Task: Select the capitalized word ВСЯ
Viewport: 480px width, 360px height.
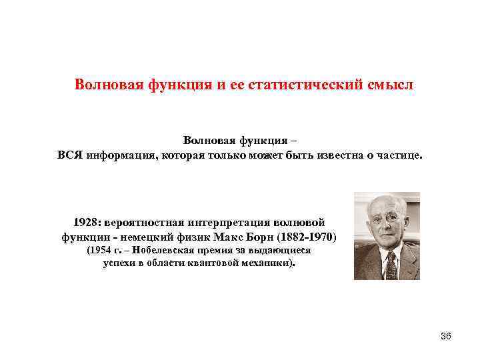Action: coord(70,155)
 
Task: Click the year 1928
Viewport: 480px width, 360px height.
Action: coord(86,221)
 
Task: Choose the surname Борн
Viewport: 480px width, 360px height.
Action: coord(266,237)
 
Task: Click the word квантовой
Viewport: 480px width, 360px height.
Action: coord(218,263)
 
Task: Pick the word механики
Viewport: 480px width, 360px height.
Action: coord(270,263)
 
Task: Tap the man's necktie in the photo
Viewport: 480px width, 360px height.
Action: coord(391,264)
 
